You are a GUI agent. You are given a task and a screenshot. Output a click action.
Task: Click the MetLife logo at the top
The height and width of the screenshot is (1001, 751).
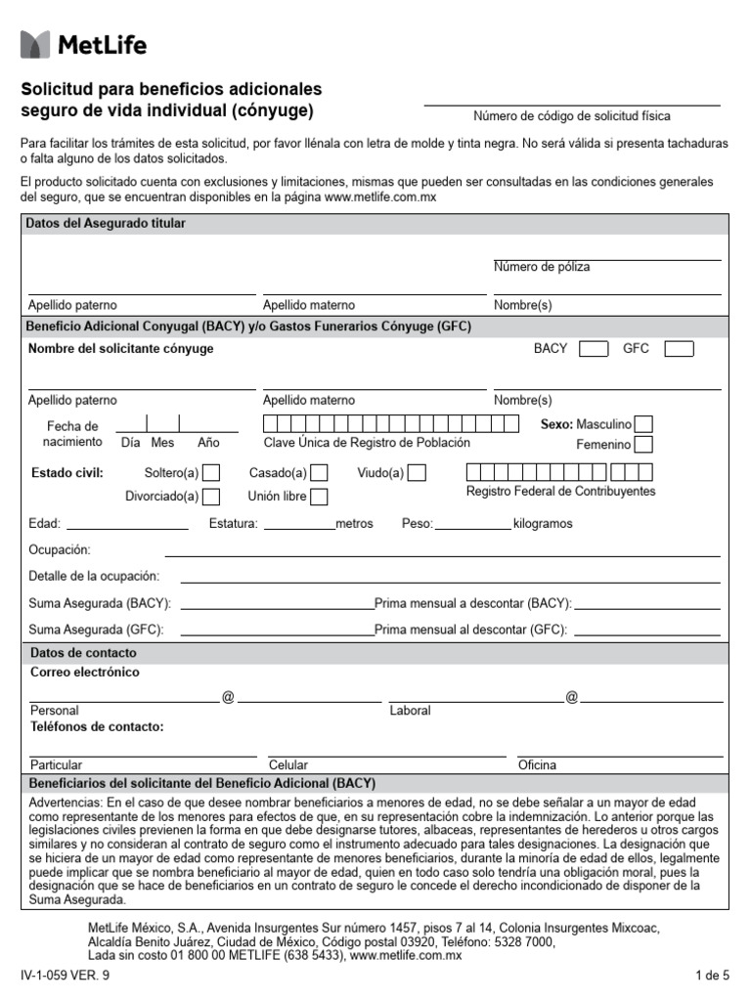pyautogui.click(x=84, y=44)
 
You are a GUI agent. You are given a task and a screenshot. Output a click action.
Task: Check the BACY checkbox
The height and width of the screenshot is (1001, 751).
pyautogui.click(x=593, y=349)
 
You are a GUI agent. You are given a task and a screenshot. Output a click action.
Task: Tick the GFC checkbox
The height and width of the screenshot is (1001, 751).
pyautogui.click(x=679, y=349)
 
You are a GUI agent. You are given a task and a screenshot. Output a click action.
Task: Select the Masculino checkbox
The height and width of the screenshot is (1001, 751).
pyautogui.click(x=643, y=424)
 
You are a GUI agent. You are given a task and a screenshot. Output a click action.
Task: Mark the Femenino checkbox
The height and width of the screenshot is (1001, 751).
pyautogui.click(x=643, y=445)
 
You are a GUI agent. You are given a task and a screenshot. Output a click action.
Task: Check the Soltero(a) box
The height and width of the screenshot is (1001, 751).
pyautogui.click(x=211, y=473)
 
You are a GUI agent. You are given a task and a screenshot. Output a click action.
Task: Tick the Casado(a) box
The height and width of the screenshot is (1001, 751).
pyautogui.click(x=318, y=473)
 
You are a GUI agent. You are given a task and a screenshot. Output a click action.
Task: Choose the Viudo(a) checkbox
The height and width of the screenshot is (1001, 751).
pyautogui.click(x=417, y=473)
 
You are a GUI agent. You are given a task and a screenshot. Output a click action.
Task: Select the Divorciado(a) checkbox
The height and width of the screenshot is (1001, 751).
pyautogui.click(x=211, y=497)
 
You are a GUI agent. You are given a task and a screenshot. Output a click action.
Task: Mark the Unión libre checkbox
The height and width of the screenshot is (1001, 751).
pyautogui.click(x=318, y=497)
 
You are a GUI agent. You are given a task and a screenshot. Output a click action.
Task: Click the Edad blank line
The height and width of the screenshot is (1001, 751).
pyautogui.click(x=127, y=523)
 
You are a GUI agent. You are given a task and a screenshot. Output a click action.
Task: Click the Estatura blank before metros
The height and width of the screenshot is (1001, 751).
pyautogui.click(x=299, y=523)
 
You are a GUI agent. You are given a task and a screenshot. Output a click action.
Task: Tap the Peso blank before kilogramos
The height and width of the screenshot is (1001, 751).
pyautogui.click(x=473, y=523)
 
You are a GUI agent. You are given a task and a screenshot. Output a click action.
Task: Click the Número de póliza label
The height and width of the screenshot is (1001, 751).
pyautogui.click(x=542, y=267)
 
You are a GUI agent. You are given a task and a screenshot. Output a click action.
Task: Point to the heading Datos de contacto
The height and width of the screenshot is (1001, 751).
pyautogui.click(x=83, y=652)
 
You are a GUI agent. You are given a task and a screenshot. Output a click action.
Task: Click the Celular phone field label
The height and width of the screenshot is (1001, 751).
pyautogui.click(x=288, y=765)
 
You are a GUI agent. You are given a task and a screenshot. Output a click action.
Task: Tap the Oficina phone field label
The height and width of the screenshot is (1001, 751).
pyautogui.click(x=537, y=765)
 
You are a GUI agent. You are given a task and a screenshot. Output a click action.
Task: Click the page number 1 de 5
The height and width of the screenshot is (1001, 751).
pyautogui.click(x=712, y=975)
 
